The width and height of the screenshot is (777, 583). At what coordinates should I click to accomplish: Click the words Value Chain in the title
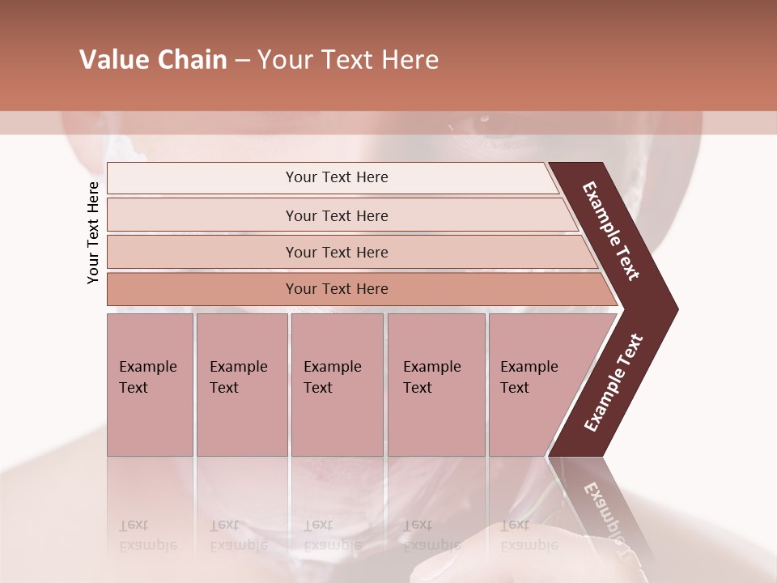[x=153, y=60]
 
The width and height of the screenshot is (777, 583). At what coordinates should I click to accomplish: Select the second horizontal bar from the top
[x=337, y=215]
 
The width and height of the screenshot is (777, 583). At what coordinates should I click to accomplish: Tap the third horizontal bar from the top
[x=337, y=252]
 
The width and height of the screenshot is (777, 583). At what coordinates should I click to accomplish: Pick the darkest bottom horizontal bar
[x=337, y=289]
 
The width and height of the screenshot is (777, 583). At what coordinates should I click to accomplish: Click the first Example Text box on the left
[x=150, y=385]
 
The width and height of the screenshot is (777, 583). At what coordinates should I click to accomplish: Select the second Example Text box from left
[x=241, y=385]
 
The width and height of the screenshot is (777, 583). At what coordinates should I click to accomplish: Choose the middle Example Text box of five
[x=337, y=385]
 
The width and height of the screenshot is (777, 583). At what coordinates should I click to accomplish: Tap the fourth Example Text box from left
[x=435, y=385]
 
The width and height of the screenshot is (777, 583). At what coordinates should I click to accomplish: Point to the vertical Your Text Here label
[x=93, y=232]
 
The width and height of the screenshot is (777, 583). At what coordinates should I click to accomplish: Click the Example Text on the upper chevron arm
[x=611, y=231]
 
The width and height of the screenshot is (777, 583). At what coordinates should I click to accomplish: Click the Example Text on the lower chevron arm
[x=614, y=382]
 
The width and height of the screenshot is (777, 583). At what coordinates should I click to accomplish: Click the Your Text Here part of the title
[x=348, y=60]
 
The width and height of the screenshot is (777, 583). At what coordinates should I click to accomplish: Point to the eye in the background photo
[x=484, y=119]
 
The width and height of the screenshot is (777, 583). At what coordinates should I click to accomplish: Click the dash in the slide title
[x=242, y=60]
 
